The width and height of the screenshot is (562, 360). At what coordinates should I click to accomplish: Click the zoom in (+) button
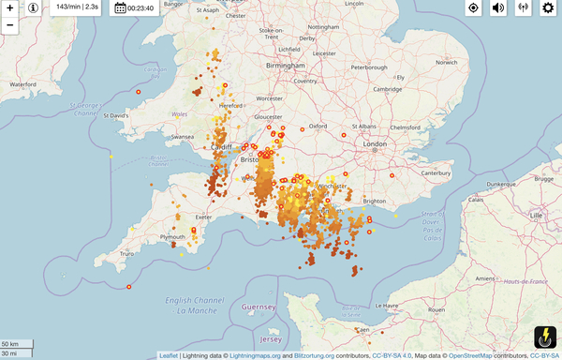(x=9, y=8)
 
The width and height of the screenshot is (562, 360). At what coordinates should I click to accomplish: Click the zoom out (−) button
(x=9, y=25)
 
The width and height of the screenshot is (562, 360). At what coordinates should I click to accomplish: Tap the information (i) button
(x=34, y=8)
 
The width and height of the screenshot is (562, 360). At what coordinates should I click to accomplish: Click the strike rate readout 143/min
(x=78, y=7)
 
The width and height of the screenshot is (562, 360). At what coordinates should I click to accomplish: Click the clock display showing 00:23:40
(x=134, y=8)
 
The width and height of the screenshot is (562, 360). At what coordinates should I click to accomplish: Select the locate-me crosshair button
(x=473, y=8)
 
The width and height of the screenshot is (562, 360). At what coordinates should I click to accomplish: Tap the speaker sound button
(x=498, y=8)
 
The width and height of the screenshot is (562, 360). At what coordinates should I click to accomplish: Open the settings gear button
(x=549, y=8)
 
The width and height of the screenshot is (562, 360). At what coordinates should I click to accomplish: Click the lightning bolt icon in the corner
(x=545, y=338)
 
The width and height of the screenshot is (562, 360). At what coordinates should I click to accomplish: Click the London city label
(x=375, y=143)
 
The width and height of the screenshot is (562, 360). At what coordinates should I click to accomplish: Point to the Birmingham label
(x=287, y=67)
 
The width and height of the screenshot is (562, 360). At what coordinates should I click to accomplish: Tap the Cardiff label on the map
(x=223, y=147)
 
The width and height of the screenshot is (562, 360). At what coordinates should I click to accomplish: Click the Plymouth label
(x=173, y=236)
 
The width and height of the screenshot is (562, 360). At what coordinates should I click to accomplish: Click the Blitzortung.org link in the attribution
(x=315, y=355)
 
